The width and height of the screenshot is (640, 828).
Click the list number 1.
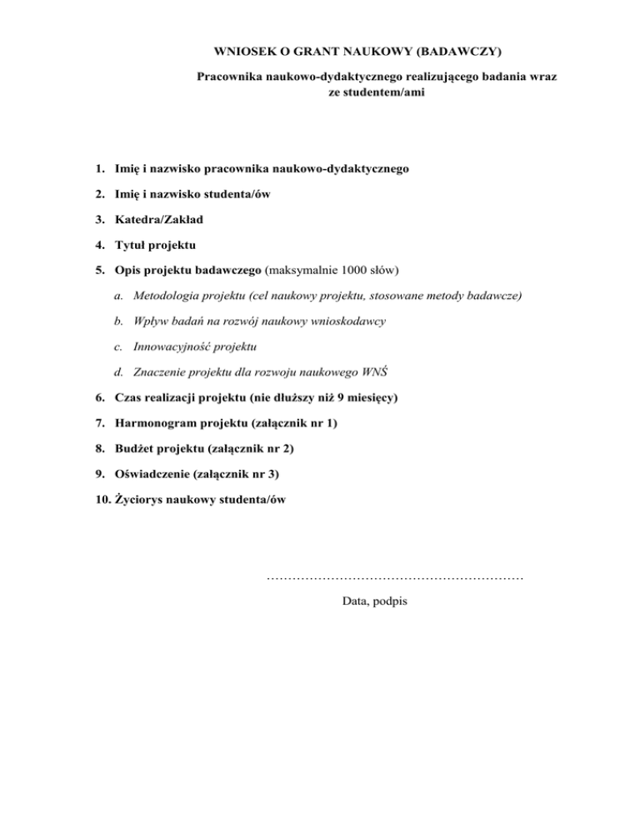coord(99,169)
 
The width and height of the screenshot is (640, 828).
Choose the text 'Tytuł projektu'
coord(155,247)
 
